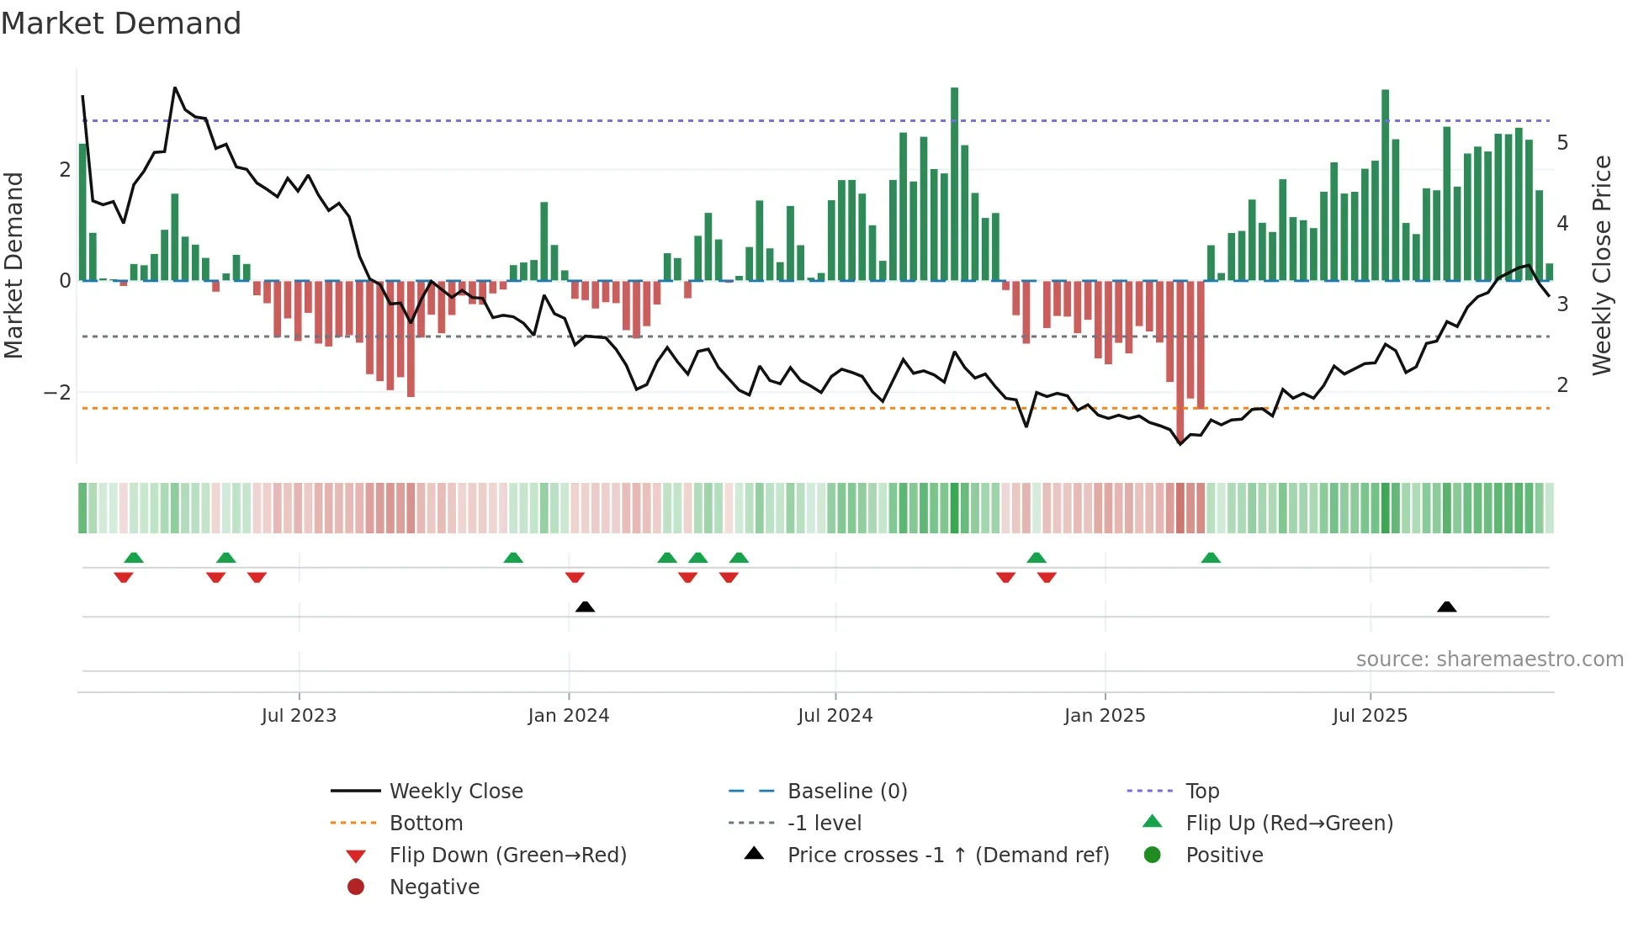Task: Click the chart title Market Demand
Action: point(121,24)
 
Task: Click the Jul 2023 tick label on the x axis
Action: point(299,716)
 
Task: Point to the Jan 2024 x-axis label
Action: point(568,716)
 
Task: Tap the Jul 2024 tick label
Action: point(835,716)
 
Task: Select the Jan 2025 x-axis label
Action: point(1104,716)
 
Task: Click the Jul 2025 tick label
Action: point(1370,716)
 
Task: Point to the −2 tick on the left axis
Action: point(57,393)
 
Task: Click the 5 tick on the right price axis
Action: point(1562,143)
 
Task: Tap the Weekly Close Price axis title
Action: point(1602,265)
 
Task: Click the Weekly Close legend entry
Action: point(455,792)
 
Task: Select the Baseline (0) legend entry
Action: point(846,792)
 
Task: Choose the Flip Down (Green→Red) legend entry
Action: point(507,855)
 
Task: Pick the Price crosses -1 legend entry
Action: point(947,855)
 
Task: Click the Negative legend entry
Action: point(434,887)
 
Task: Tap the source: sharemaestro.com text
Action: point(1489,659)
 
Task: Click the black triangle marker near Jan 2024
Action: point(585,607)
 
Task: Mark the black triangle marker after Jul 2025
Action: point(1446,607)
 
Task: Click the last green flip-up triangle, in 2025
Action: point(1211,558)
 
